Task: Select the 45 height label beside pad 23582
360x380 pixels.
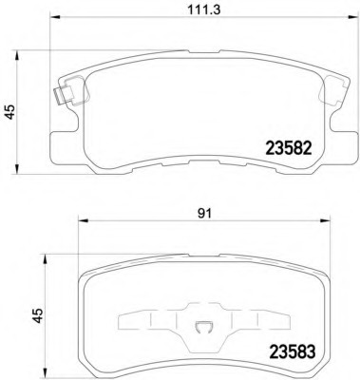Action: coord(9,112)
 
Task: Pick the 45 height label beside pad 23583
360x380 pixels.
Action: coord(38,315)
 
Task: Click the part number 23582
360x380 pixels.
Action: coord(289,148)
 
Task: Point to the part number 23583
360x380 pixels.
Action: coord(292,351)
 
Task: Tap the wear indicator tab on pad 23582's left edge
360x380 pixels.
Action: coord(64,95)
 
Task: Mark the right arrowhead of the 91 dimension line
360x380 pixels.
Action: coord(326,220)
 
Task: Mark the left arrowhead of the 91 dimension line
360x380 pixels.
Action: coord(83,220)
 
